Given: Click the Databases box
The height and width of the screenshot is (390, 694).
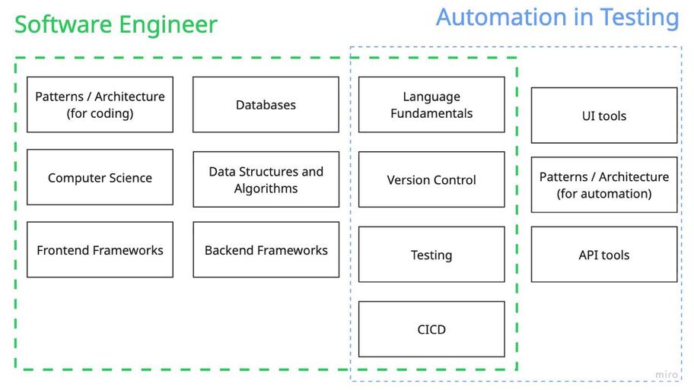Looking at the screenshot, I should pyautogui.click(x=266, y=105).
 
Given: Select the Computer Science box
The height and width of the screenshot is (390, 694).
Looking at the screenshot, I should pyautogui.click(x=100, y=178).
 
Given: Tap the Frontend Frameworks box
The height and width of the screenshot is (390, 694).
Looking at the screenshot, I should pyautogui.click(x=100, y=250).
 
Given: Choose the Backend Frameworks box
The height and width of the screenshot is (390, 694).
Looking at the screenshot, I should pyautogui.click(x=266, y=250).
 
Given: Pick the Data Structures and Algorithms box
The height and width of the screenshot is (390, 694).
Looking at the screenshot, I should pyautogui.click(x=266, y=179).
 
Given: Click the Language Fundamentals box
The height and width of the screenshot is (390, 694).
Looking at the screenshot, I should pyautogui.click(x=431, y=105).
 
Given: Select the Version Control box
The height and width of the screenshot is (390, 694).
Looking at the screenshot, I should pyautogui.click(x=431, y=180).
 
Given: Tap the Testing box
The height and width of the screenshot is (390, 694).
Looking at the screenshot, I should pyautogui.click(x=431, y=255).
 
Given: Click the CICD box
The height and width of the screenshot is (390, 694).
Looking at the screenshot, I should pyautogui.click(x=431, y=329).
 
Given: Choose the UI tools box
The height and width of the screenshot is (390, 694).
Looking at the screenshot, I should pyautogui.click(x=603, y=116).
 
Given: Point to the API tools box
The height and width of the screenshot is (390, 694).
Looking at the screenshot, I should pyautogui.click(x=603, y=255).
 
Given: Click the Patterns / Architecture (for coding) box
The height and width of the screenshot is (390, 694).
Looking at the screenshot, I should pyautogui.click(x=100, y=105).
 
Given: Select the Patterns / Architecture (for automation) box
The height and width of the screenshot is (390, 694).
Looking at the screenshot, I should pyautogui.click(x=603, y=185).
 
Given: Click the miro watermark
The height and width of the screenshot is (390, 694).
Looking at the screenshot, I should pyautogui.click(x=666, y=375).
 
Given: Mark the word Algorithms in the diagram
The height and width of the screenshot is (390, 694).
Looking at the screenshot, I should pyautogui.click(x=266, y=189).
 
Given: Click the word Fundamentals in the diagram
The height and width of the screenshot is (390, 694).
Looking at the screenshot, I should pyautogui.click(x=431, y=113).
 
